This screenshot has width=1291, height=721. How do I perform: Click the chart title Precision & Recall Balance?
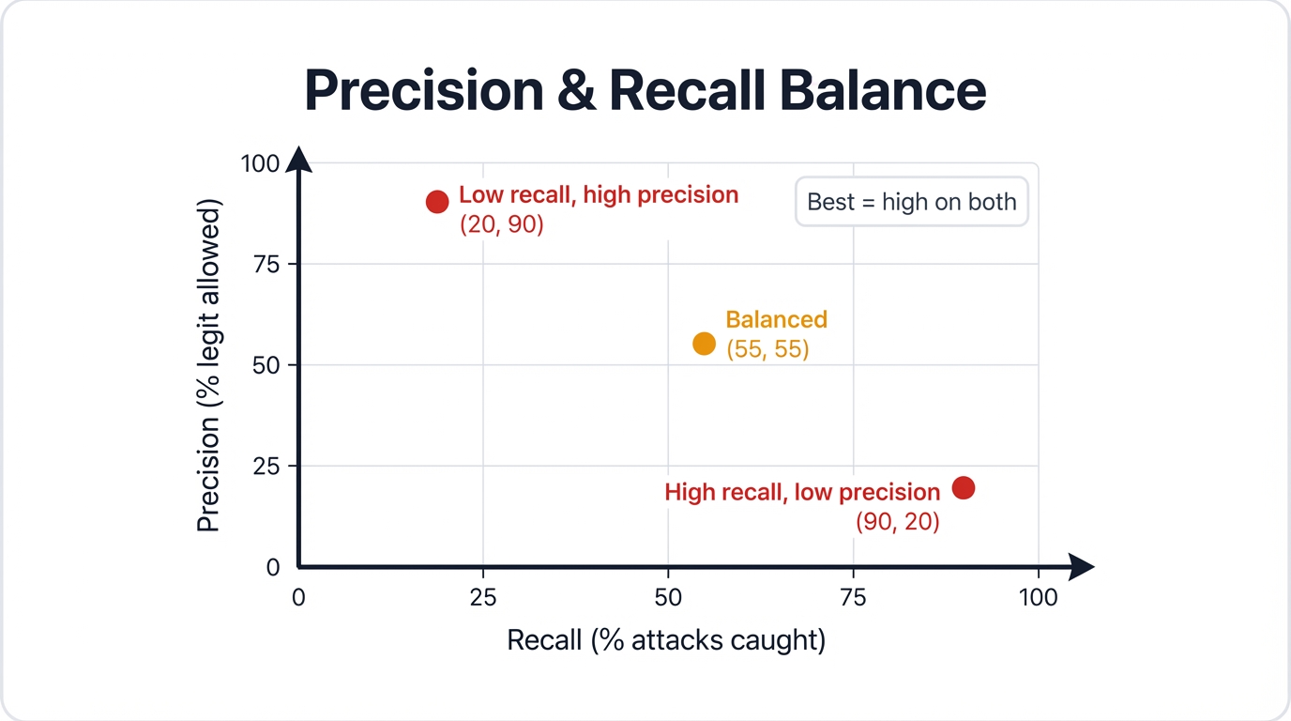coord(645,91)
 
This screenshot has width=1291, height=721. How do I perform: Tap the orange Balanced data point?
coord(704,344)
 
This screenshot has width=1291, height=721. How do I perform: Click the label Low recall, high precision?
coord(599,195)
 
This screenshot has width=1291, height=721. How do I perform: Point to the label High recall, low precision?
coord(802,492)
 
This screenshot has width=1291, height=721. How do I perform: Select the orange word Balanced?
coord(776,319)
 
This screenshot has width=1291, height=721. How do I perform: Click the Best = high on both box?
coord(911,202)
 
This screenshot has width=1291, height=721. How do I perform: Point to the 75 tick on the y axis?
coord(266,264)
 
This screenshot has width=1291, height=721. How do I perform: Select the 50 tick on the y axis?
coord(266,365)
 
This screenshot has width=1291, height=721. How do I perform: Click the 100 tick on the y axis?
coord(260,163)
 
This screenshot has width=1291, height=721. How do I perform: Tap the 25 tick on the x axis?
coord(482,597)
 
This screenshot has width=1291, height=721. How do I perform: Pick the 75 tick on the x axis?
coord(853,597)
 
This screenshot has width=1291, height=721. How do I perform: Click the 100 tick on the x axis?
coord(1038,597)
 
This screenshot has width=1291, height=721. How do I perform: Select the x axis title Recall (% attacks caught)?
coord(666,640)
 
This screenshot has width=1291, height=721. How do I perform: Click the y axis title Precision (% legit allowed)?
coord(208,365)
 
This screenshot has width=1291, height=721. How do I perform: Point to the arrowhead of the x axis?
coord(1082,567)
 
